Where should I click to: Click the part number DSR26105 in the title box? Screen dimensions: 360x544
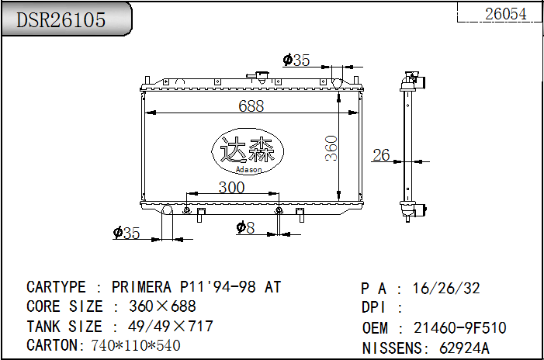coord(61,19)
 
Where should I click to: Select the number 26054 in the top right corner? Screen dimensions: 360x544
coord(505,13)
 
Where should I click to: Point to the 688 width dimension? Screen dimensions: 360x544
coord(251,106)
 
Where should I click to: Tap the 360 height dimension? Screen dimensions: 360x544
coord(331,148)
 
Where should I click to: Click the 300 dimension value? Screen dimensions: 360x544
coord(231,187)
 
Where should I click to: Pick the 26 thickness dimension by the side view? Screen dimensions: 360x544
coord(381,155)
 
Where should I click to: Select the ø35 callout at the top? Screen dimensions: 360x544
coord(296,60)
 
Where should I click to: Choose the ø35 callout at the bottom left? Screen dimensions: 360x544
coord(126,233)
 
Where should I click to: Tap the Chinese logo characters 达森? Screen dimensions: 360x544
coord(248,148)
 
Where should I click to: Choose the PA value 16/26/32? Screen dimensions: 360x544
coord(446,289)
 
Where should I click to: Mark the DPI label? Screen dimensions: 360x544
coord(374,308)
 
